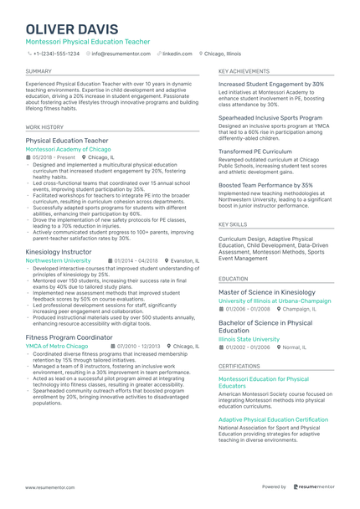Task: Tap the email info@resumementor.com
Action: click(x=121, y=53)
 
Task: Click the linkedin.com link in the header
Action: click(x=177, y=53)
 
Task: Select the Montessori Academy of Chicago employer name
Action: click(x=68, y=149)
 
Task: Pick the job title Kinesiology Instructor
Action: click(x=59, y=251)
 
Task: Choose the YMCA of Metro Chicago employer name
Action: click(x=56, y=345)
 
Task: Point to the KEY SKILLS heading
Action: click(x=233, y=224)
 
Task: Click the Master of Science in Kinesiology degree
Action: click(x=267, y=292)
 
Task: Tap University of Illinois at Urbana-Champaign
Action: click(x=275, y=301)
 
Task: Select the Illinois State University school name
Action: click(x=249, y=339)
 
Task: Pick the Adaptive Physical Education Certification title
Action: click(x=273, y=419)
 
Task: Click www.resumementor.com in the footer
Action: click(x=39, y=486)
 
